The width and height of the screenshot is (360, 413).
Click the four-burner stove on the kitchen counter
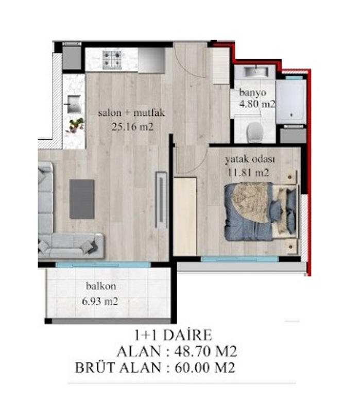[x=112, y=59]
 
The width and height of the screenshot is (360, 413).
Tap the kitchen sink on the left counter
[x=74, y=104]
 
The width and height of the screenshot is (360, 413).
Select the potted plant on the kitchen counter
[x=76, y=125]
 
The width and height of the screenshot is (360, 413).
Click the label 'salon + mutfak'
[x=131, y=113]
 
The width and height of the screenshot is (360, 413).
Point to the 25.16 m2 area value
[x=132, y=127]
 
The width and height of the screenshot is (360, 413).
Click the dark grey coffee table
[x=82, y=199]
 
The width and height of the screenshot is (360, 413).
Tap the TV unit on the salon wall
[x=161, y=200]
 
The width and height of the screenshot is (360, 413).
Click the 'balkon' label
[x=101, y=286]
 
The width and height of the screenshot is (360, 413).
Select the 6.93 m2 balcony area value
[x=100, y=301]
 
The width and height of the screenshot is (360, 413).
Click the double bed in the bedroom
[x=261, y=211]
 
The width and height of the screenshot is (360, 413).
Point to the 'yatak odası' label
[x=250, y=159]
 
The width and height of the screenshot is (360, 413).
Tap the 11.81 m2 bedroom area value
[x=248, y=173]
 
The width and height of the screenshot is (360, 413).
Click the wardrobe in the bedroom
[x=185, y=217]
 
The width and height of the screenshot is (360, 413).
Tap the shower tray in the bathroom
[x=291, y=102]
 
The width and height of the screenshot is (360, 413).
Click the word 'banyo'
[x=253, y=92]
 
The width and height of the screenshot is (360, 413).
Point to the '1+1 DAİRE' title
[x=173, y=335]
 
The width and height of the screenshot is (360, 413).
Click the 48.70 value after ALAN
[x=193, y=351]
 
